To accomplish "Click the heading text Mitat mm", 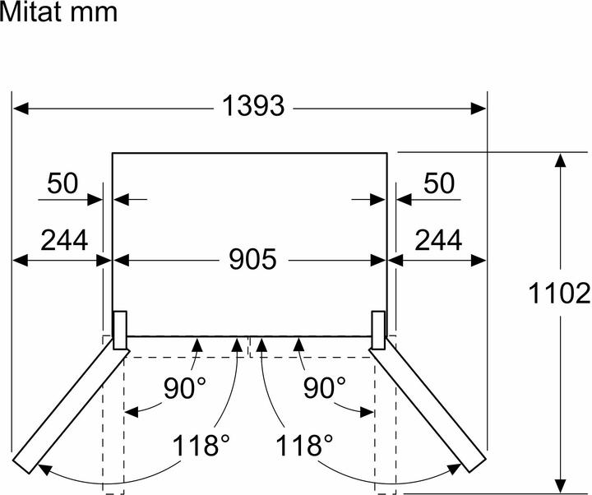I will [x=59, y=13].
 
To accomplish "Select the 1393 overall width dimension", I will [x=252, y=107].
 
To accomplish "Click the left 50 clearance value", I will [x=62, y=183].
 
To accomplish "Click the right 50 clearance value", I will [x=438, y=183].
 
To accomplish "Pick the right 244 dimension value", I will [x=437, y=240].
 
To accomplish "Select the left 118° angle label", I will [x=201, y=446].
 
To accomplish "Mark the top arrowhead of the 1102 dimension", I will [x=561, y=161].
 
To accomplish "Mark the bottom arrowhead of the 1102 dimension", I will [x=561, y=485].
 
